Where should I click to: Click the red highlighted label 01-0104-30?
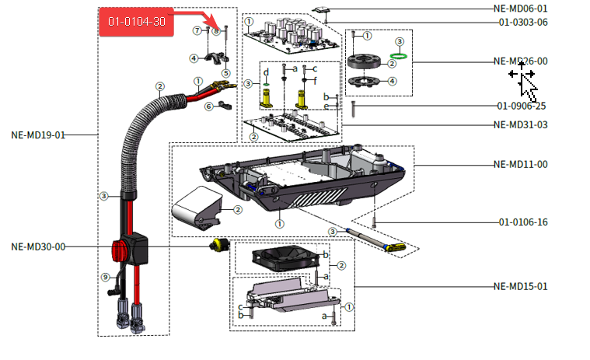point(136,21)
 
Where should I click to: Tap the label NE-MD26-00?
point(520,61)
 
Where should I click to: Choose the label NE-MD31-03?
point(520,124)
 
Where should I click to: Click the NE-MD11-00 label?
point(520,164)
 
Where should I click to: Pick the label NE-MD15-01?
point(520,286)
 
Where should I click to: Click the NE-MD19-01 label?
point(38,135)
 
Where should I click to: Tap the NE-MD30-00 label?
point(38,246)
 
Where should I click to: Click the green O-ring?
point(399,56)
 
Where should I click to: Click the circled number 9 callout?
point(105,277)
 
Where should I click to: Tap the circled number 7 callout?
point(197,30)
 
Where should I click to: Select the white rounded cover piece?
point(197,207)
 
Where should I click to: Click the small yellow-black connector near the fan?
point(219,245)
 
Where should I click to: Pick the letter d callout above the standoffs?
point(266,72)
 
